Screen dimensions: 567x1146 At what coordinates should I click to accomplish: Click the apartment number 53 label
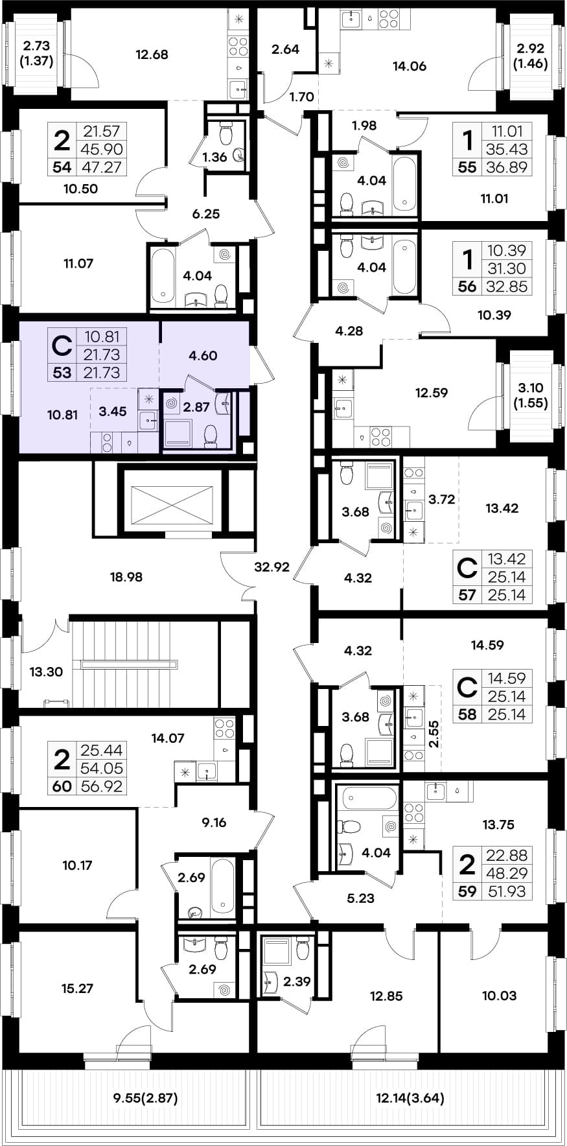point(62,372)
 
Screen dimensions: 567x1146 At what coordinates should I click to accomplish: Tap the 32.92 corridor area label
point(272,567)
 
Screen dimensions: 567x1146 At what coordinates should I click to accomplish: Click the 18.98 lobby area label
point(126,576)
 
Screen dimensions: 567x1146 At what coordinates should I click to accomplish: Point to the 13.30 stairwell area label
point(46,672)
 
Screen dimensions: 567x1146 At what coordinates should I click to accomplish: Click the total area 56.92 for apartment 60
point(102,787)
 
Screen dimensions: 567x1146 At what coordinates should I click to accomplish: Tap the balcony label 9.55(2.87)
point(145,1098)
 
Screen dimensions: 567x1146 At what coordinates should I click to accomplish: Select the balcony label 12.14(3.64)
point(410,1098)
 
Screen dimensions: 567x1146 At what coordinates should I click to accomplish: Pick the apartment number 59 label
point(467,891)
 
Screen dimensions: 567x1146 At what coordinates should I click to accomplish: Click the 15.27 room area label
point(77,988)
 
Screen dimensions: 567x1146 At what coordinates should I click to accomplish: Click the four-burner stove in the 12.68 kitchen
point(238,46)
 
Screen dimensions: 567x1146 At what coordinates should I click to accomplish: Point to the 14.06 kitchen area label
point(410,65)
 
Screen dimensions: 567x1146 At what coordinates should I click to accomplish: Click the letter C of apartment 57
point(467,568)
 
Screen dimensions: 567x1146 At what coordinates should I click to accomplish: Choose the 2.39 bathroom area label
point(297,981)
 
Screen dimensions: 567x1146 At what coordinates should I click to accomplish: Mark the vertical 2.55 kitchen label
point(434,734)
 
